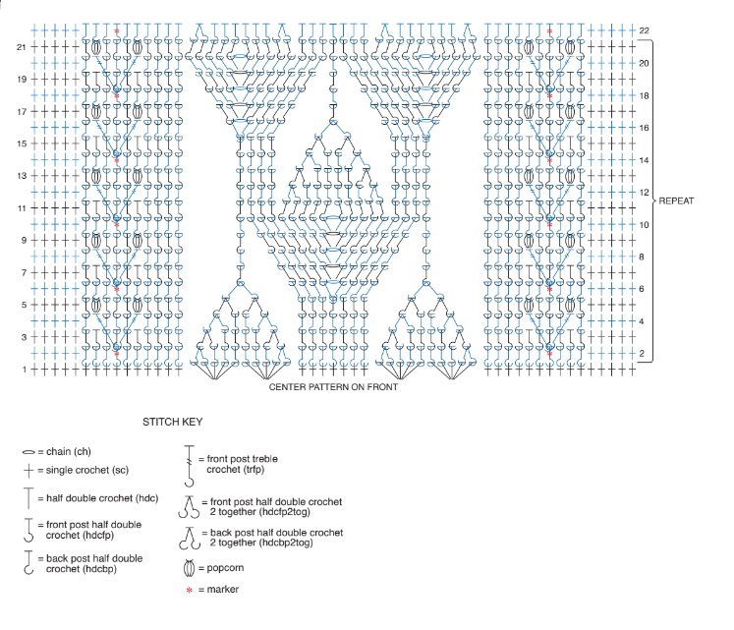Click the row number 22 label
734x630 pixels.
click(x=645, y=30)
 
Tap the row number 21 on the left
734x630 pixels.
click(x=21, y=47)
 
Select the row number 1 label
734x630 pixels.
click(x=24, y=370)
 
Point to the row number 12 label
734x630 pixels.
click(x=645, y=193)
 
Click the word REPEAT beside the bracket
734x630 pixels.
click(x=676, y=200)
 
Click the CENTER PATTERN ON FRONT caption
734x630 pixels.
click(x=333, y=387)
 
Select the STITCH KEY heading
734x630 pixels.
click(x=173, y=422)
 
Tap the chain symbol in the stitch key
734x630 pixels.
click(x=28, y=452)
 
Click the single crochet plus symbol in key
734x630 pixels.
click(x=28, y=470)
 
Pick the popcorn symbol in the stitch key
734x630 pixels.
click(x=189, y=568)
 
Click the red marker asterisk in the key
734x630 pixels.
click(x=189, y=590)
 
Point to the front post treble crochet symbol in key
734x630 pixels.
click(x=189, y=466)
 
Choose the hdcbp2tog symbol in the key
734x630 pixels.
click(x=189, y=539)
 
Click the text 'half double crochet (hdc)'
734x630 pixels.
click(x=102, y=498)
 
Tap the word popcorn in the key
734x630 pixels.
click(x=225, y=568)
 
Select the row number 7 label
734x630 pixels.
click(x=24, y=272)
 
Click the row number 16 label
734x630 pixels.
click(x=645, y=128)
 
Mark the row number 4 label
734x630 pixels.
click(x=642, y=321)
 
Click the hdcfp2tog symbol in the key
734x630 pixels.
click(x=189, y=507)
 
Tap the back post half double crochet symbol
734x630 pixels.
click(x=29, y=562)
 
